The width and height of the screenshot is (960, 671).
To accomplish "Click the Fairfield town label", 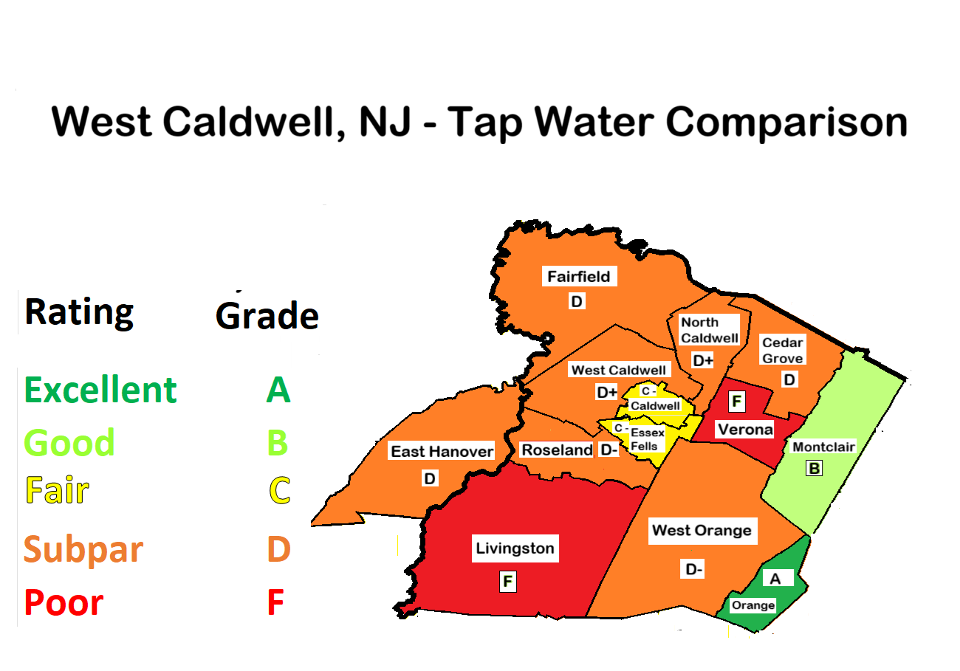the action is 578,277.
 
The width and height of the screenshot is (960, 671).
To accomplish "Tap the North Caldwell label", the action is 709,330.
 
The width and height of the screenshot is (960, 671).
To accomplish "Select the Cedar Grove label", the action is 783,351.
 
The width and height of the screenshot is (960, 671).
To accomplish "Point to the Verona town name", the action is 744,429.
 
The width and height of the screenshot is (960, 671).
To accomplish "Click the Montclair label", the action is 823,447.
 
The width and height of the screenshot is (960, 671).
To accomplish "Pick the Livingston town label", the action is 515,548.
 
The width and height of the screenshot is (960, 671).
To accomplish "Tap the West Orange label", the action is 702,530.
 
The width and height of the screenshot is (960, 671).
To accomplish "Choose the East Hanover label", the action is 442,451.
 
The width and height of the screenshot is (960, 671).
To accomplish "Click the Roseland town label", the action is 557,450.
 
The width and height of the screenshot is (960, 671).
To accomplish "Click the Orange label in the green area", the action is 752,605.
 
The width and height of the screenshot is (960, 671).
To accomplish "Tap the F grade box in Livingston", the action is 507,581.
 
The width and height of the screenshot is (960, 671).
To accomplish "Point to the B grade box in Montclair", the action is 814,468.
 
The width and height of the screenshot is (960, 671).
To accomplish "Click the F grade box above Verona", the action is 736,402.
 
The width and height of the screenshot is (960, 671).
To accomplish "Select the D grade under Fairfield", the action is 577,301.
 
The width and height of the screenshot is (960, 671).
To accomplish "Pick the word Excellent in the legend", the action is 100,390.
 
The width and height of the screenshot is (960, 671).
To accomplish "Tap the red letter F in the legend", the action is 275,603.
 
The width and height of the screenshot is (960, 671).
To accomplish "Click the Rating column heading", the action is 79,312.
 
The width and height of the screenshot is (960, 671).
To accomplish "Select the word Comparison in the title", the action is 786,122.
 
